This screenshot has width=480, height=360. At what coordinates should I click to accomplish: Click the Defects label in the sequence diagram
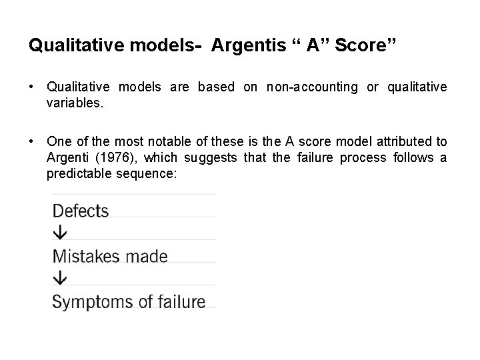80,211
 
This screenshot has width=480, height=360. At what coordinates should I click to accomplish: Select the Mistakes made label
110,256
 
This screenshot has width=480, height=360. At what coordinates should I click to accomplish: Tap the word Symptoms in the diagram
85,301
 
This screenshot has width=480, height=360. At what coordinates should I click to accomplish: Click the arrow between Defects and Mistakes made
60,233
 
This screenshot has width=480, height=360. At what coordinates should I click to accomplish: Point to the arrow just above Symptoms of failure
60,278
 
